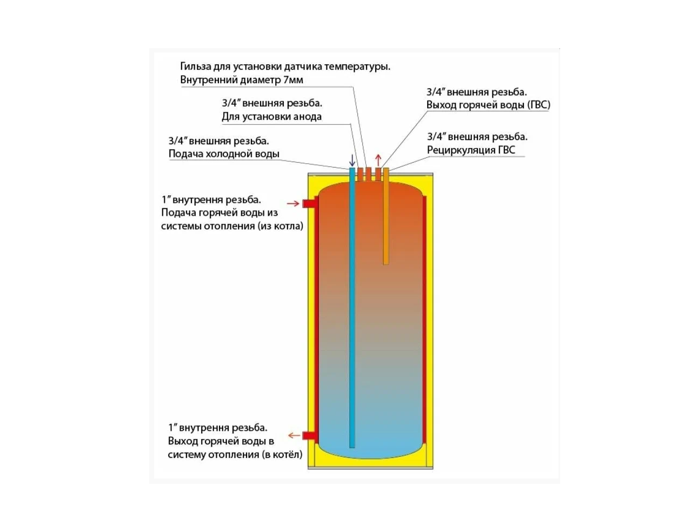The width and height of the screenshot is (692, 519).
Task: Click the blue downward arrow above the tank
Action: pyautogui.click(x=352, y=160)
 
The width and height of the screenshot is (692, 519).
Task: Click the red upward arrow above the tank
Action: pyautogui.click(x=378, y=160)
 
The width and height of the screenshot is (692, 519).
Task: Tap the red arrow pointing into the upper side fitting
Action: pyautogui.click(x=293, y=204)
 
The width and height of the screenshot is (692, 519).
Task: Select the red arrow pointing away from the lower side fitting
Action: pyautogui.click(x=294, y=435)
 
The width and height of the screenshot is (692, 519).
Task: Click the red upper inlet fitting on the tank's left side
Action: pyautogui.click(x=309, y=204)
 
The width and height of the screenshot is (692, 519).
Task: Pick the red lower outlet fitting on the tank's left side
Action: pyautogui.click(x=309, y=435)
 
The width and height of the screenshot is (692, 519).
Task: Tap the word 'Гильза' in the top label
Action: pyautogui.click(x=196, y=67)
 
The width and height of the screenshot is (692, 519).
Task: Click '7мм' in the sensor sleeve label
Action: pyautogui.click(x=293, y=80)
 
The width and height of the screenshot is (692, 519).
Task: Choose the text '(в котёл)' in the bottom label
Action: pyautogui.click(x=282, y=455)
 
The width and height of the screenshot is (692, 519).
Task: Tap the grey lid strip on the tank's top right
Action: pyautogui.click(x=411, y=175)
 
